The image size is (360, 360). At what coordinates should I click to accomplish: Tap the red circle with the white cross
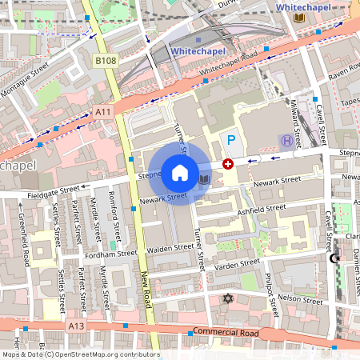click(x=228, y=163)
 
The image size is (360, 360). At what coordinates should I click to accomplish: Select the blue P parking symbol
click(x=232, y=141)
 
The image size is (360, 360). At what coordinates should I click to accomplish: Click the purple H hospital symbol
click(x=286, y=141)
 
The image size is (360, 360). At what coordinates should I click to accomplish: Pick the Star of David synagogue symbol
click(x=227, y=299)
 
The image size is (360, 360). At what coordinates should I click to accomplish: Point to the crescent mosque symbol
click(x=334, y=258)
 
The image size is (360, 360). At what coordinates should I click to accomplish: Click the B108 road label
click(x=105, y=60)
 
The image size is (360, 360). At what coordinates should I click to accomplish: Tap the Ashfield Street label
click(x=262, y=209)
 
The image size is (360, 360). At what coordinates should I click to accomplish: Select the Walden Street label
click(x=170, y=249)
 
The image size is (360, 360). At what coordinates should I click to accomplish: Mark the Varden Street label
click(x=238, y=263)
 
